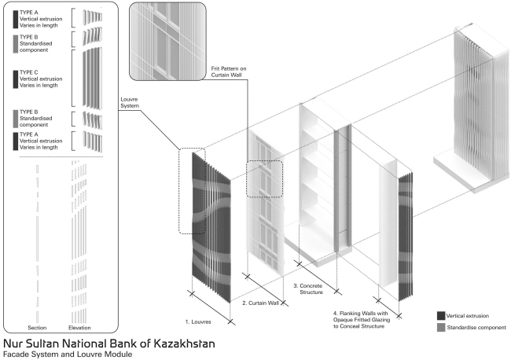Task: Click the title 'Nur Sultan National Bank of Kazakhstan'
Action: coord(108,343)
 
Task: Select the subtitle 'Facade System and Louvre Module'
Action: coord(68,354)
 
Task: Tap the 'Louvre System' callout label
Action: coord(130,103)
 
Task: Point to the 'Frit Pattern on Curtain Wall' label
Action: coord(229,72)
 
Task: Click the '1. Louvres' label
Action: coord(198,322)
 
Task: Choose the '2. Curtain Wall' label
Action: coord(260,303)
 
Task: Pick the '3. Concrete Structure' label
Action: coord(308,289)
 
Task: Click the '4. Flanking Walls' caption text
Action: coord(362,320)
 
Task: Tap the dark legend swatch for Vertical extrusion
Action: coord(441,316)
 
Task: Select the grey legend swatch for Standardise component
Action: coord(441,328)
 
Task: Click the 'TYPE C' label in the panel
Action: coord(28,72)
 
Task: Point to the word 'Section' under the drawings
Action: coord(37,328)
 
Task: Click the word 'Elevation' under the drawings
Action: coord(79,328)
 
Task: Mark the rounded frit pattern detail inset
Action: coord(167,42)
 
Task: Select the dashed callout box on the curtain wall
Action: coord(264,179)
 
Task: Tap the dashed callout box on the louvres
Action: coord(192,191)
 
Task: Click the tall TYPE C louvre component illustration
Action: coord(92,78)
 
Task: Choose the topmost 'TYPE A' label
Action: coord(28,13)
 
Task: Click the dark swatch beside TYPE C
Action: coord(15,79)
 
